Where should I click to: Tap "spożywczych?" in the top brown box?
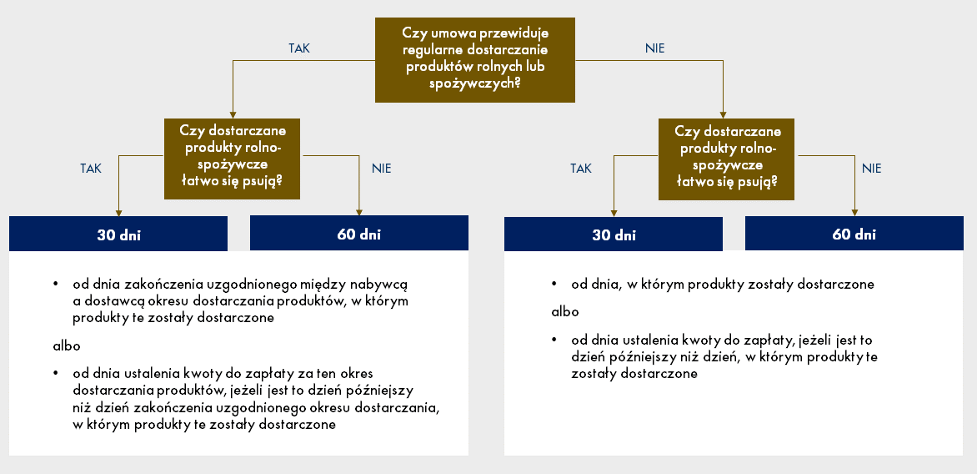(x=475, y=83)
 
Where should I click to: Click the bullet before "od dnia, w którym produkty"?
(x=554, y=285)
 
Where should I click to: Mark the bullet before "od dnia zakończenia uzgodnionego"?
(x=57, y=285)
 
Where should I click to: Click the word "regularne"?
(x=436, y=49)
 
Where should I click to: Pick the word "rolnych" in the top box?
(x=496, y=66)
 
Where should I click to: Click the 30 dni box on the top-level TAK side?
(x=118, y=234)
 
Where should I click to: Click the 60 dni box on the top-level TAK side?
(x=359, y=234)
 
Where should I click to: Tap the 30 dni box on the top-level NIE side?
(x=613, y=234)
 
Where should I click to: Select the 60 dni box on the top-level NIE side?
(x=854, y=234)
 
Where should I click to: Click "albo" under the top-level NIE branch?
(x=565, y=312)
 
